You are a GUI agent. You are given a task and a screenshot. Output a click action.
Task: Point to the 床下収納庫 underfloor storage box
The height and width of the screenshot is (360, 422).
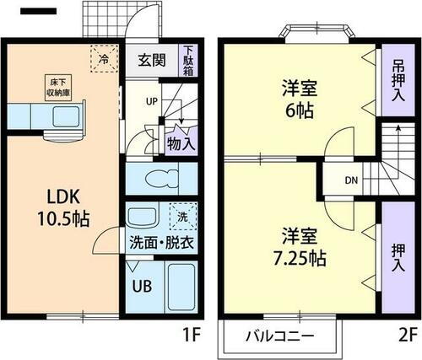(47, 86)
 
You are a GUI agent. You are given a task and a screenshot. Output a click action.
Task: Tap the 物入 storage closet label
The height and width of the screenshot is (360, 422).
(181, 142)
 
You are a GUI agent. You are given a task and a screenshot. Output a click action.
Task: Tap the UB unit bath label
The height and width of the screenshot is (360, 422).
(141, 284)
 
